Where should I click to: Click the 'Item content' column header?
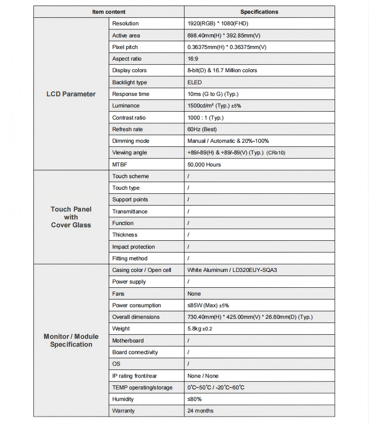(x=109, y=12)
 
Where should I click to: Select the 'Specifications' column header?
(x=259, y=12)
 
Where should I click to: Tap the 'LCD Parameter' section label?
(x=71, y=94)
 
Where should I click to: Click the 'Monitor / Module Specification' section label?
(x=71, y=340)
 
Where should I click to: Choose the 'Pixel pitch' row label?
(x=125, y=47)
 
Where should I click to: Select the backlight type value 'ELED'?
(x=195, y=82)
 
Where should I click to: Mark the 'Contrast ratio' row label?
(x=129, y=118)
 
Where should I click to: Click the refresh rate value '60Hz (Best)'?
(x=202, y=129)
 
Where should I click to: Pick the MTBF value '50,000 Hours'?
(x=204, y=165)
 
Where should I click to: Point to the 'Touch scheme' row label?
(x=131, y=176)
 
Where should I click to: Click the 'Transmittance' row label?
(x=130, y=211)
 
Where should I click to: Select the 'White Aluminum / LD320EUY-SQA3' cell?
(x=232, y=270)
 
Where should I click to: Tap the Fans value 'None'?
(x=194, y=294)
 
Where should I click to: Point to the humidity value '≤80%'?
(x=195, y=399)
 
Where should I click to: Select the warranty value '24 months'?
(x=200, y=411)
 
